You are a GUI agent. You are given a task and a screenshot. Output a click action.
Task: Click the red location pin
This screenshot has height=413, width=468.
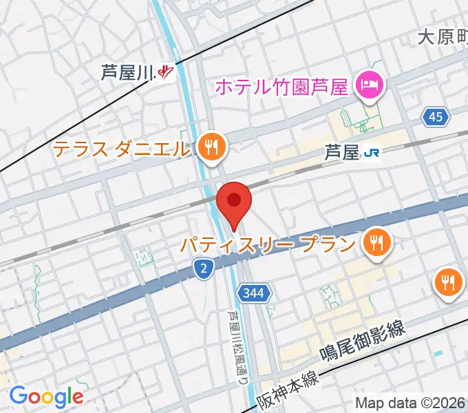(234, 202)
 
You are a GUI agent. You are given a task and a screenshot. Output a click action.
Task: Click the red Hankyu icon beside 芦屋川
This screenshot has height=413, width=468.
(165, 72)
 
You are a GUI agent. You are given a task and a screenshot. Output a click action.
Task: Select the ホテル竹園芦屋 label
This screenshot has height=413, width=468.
(282, 87)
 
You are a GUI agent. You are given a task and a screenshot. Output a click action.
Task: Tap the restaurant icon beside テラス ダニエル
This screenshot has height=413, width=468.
(209, 147)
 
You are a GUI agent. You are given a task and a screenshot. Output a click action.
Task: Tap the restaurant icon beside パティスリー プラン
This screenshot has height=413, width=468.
(376, 242)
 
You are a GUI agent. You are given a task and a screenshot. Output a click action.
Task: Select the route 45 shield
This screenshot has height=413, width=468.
(435, 118)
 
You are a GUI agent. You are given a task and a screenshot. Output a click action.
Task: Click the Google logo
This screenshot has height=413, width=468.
(46, 396)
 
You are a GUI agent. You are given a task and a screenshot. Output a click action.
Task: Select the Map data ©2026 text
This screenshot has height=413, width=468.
(410, 403)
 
